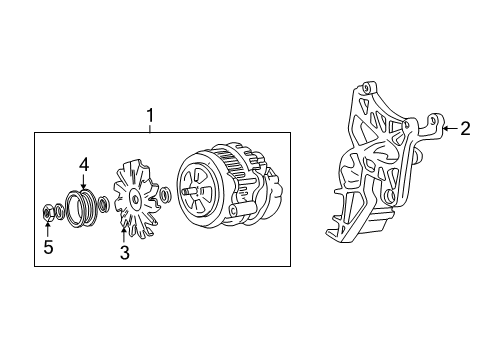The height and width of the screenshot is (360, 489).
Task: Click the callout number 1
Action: click(x=150, y=116)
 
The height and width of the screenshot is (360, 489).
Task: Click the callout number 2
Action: click(x=465, y=128)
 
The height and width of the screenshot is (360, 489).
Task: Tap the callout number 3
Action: click(x=124, y=254)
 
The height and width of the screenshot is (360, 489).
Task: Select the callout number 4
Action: click(x=84, y=163)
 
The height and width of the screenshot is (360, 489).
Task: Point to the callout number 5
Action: click(x=48, y=247)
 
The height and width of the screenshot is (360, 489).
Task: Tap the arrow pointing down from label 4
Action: click(x=84, y=180)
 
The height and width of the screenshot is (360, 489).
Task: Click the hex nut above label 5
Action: click(x=49, y=212)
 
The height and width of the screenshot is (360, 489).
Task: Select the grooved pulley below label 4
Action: click(x=84, y=205)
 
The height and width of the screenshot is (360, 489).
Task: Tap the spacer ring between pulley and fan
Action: click(x=108, y=207)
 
